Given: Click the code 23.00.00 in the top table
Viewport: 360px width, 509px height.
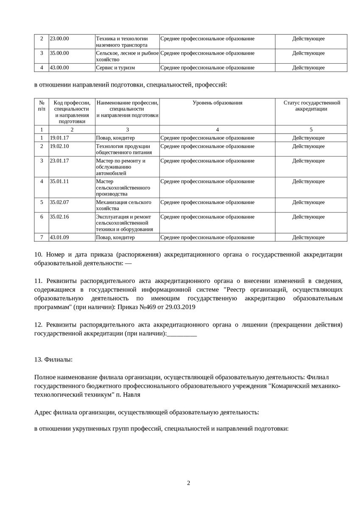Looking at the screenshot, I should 59,39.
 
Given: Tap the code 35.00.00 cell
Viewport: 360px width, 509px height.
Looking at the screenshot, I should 59,53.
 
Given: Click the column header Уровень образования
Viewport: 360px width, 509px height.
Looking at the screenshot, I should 218,103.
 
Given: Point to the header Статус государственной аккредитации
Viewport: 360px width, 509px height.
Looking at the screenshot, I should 312,106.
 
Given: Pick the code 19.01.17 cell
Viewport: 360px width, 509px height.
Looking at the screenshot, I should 59,138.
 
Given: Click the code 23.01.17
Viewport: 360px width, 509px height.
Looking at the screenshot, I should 59,161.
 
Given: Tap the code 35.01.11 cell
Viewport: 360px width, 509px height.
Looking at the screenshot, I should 59,182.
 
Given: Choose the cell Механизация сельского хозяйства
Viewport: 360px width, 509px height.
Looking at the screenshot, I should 123,205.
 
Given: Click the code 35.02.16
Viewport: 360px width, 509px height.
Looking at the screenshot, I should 59,217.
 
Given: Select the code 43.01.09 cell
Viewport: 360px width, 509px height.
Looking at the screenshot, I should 59,238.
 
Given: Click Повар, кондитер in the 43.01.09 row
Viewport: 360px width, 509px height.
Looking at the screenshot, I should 115,238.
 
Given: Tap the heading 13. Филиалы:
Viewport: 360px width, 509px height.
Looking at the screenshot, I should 53,360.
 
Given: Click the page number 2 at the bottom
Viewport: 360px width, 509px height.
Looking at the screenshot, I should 189,483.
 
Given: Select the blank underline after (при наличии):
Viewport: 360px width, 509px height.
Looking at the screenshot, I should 182,335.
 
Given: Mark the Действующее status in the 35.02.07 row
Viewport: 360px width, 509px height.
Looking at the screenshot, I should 308,202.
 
